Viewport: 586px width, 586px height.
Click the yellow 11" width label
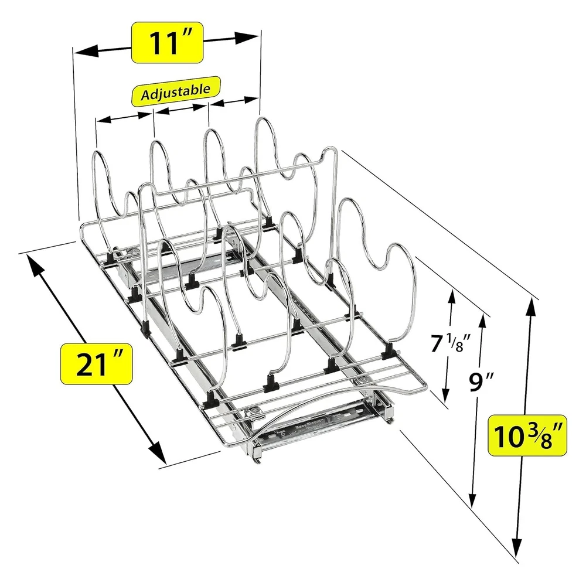point(167,43)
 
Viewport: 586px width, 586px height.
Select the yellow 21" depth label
point(97,364)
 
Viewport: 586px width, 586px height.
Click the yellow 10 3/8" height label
point(527,435)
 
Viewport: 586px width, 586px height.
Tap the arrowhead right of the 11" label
point(247,38)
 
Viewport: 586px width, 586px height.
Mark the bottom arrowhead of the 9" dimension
point(473,498)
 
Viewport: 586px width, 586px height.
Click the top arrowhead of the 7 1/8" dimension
point(452,298)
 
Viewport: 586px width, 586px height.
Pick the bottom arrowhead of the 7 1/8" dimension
point(445,393)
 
